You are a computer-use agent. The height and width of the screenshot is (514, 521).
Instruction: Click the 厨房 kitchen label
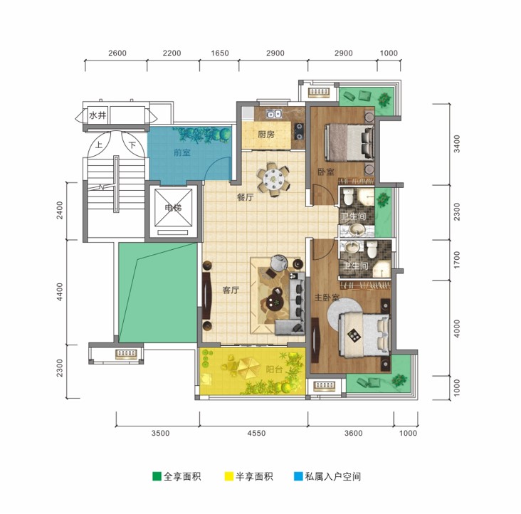pos(266,135)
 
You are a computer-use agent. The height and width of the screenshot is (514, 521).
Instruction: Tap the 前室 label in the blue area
pos(182,152)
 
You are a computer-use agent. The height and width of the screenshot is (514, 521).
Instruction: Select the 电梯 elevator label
pos(174,208)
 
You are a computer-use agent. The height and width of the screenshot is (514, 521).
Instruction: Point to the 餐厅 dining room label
pos(246,197)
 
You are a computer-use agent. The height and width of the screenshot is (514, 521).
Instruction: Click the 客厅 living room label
pos(231,290)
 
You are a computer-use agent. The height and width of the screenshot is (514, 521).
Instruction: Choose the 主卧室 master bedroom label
pos(327,298)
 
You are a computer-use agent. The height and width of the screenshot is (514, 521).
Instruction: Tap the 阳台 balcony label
pos(274,369)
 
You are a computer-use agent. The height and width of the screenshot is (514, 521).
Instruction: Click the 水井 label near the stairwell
pos(98,115)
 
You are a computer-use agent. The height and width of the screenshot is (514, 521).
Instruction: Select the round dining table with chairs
pos(273,179)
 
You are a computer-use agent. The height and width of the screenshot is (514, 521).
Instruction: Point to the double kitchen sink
pos(275,114)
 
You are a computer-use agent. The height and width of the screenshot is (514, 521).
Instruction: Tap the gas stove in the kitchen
pos(299,131)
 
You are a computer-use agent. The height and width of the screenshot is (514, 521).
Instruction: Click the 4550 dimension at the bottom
pos(256,433)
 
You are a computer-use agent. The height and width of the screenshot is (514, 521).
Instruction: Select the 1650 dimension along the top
pos(220,53)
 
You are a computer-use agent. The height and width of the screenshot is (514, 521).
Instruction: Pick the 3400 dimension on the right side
pos(457,144)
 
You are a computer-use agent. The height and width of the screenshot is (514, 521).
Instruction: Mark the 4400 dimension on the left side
pos(60,292)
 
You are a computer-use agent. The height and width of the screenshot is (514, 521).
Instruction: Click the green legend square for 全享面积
pos(157,476)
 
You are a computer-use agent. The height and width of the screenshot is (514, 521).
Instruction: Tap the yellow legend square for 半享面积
pos(229,476)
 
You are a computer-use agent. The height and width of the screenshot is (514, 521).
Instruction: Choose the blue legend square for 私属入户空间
pos(298,476)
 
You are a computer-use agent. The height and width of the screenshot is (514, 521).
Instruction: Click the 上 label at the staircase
pos(99,145)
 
